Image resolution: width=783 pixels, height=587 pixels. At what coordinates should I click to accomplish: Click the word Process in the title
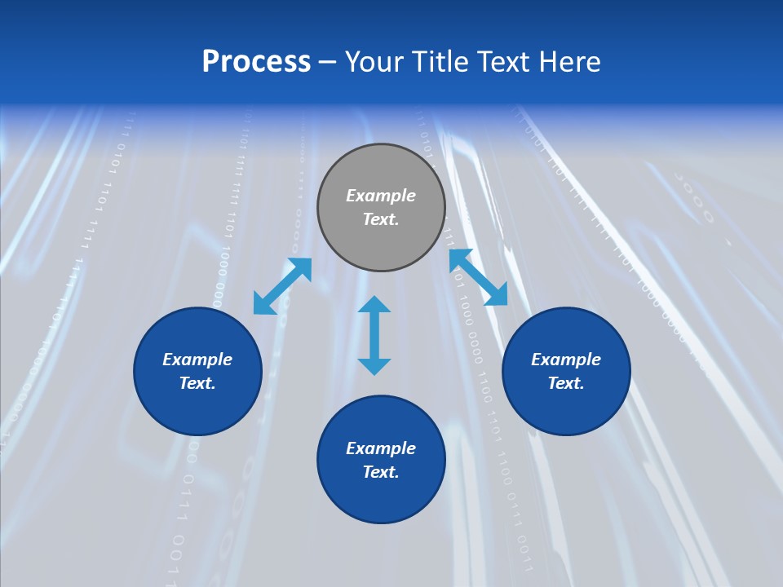pos(256,62)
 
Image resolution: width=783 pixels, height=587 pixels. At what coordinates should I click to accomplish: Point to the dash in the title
pos(328,63)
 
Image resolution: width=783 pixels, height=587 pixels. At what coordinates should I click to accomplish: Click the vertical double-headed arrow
pos(374,335)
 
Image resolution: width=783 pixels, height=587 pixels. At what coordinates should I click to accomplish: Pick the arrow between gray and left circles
pos(282,286)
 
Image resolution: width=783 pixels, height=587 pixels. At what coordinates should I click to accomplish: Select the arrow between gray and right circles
pos(478,277)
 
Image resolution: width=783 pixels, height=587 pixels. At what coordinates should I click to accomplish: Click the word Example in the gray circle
pos(381,196)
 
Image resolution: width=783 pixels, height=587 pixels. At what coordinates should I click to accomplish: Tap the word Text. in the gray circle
pos(381,219)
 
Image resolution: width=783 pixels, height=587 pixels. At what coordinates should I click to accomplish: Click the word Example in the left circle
pos(197,360)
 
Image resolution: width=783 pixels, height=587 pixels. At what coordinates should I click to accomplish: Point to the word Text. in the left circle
pos(197,383)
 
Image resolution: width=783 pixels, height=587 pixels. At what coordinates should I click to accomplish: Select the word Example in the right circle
pos(566,360)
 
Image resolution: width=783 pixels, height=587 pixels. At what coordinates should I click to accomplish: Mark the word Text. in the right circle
pos(566,383)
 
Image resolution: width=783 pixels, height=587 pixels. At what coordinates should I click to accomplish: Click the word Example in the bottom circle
pos(381,448)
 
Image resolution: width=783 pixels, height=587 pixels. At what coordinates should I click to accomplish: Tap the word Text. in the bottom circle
pos(381,472)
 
